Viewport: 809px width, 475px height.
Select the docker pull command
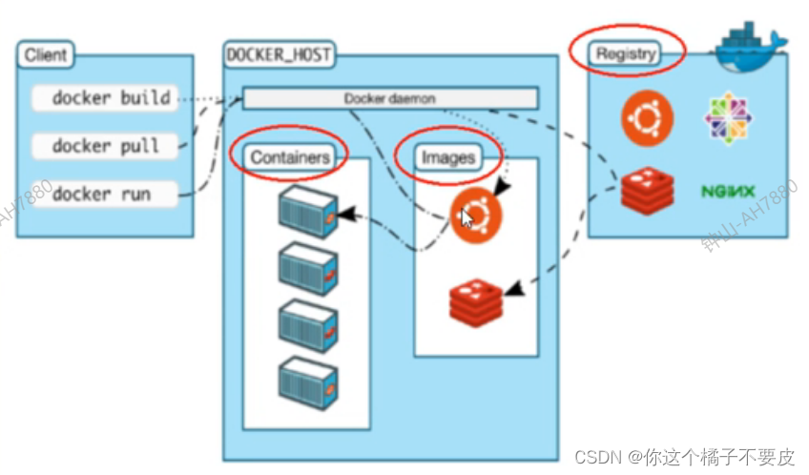coord(104,146)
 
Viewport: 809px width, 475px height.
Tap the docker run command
coord(101,194)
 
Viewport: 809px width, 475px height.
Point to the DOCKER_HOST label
coord(278,54)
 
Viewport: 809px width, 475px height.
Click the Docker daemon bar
coord(389,98)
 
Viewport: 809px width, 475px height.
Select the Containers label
coord(290,157)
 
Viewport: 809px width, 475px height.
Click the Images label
coord(447,157)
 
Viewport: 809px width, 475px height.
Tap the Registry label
coord(625,53)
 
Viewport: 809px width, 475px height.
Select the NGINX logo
coord(728,192)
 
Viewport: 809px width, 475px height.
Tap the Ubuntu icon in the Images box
coord(476,216)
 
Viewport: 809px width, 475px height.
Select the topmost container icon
coord(307,212)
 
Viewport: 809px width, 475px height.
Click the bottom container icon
coord(307,380)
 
